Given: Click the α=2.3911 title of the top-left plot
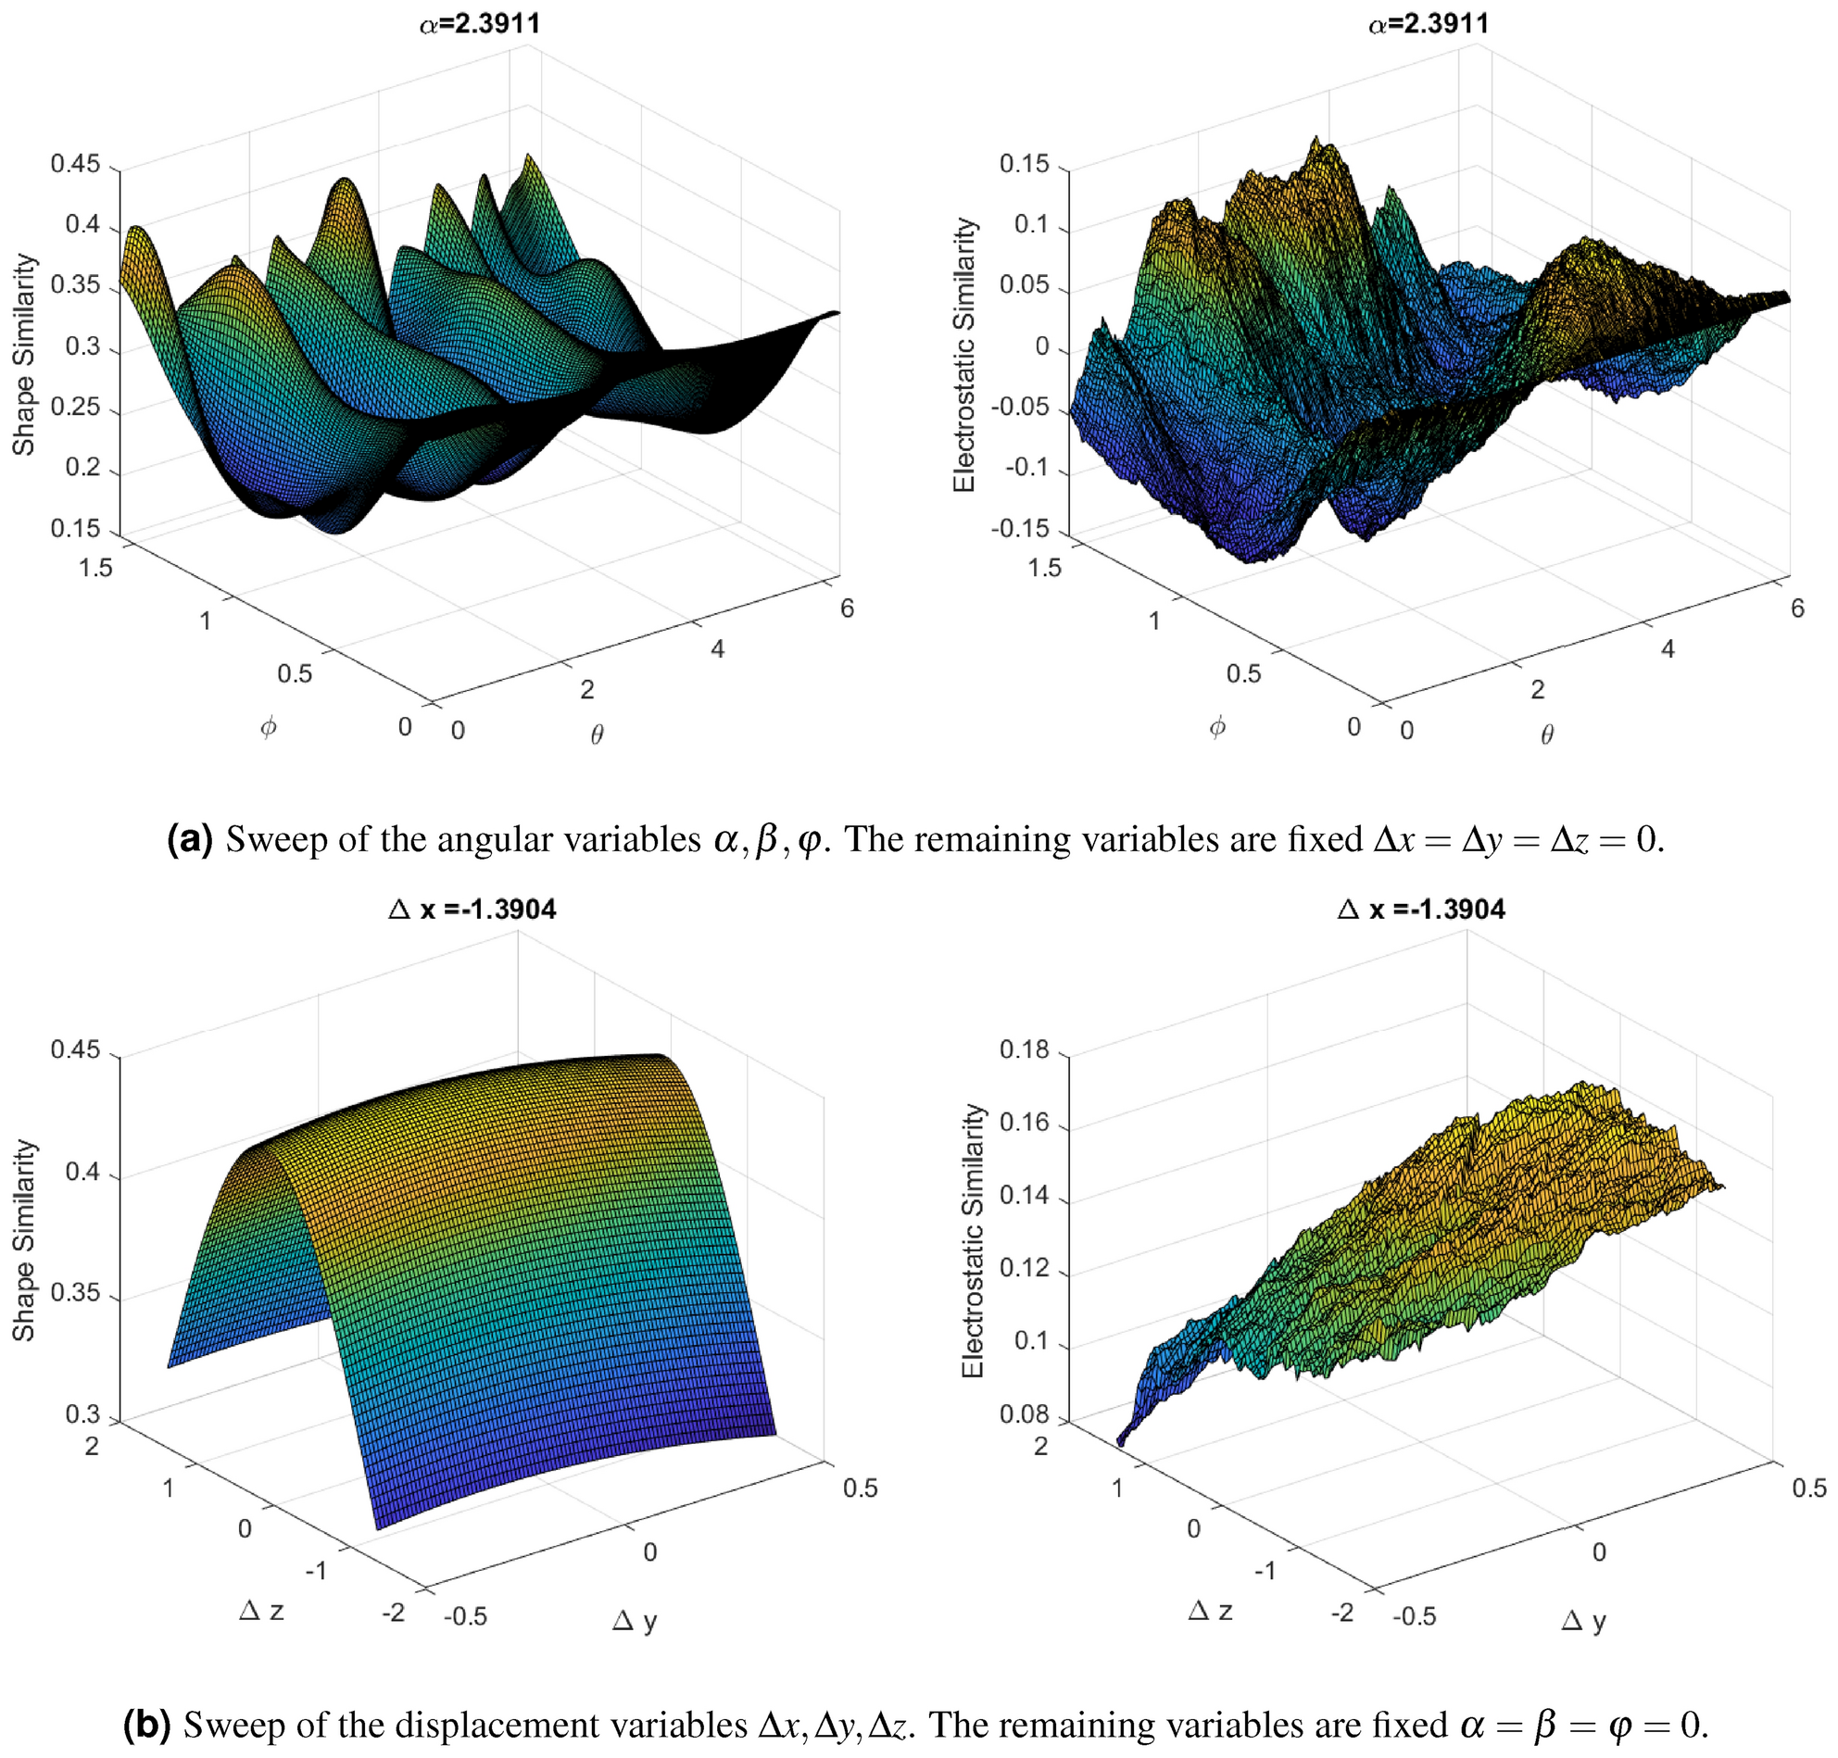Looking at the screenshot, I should pyautogui.click(x=479, y=23).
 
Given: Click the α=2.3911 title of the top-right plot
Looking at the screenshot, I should pyautogui.click(x=1429, y=23).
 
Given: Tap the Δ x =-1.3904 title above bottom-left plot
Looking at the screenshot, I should pyautogui.click(x=472, y=909).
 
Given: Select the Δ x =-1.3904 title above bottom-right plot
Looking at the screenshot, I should pyautogui.click(x=1421, y=909).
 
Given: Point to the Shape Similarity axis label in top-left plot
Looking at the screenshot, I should pyautogui.click(x=23, y=355).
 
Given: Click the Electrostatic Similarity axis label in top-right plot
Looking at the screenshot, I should pyautogui.click(x=964, y=355).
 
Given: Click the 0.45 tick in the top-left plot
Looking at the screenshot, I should pyautogui.click(x=75, y=164).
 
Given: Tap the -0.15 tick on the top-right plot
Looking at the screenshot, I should pyautogui.click(x=1021, y=529).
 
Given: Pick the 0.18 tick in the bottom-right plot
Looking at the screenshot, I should pyautogui.click(x=1025, y=1049).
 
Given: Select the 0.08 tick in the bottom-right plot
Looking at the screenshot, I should pyautogui.click(x=1025, y=1413).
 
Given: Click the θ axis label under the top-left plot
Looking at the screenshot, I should pyautogui.click(x=597, y=735).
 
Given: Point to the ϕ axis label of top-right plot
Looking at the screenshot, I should pyautogui.click(x=1217, y=727).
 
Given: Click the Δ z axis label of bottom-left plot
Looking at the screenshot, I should pyautogui.click(x=261, y=1610).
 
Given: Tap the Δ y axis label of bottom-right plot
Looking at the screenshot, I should pyautogui.click(x=1584, y=1620).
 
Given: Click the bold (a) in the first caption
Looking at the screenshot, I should pyautogui.click(x=190, y=840).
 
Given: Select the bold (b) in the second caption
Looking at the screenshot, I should pyautogui.click(x=147, y=1725).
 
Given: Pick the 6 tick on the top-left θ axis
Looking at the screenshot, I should pyautogui.click(x=848, y=609).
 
